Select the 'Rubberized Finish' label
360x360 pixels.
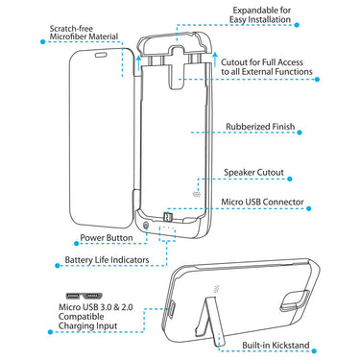(266, 126)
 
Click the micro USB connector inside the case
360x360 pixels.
(168, 217)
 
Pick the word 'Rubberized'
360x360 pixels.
(250, 126)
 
